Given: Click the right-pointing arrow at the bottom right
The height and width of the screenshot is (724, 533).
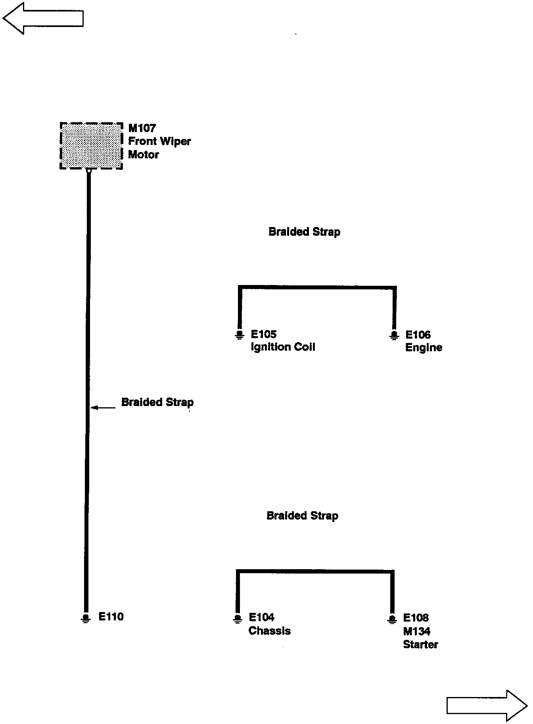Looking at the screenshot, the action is [x=487, y=705].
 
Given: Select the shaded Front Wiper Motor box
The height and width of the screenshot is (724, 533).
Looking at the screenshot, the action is [x=91, y=146].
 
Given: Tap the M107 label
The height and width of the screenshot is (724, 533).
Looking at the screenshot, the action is [x=142, y=128].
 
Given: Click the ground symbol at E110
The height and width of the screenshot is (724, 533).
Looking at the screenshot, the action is [x=85, y=618].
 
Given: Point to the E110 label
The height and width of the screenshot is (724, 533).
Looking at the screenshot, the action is [x=111, y=616].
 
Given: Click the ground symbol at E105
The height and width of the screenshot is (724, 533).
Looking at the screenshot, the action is [x=239, y=335].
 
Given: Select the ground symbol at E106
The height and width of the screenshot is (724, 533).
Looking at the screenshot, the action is [x=393, y=335].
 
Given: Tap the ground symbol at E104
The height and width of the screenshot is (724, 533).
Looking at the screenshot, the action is [x=237, y=619].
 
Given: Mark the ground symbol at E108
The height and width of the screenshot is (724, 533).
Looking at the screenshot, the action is [x=392, y=619].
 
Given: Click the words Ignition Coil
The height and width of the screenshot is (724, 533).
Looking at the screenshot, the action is [x=283, y=347].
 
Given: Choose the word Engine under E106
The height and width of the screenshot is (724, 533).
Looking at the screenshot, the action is [x=424, y=348].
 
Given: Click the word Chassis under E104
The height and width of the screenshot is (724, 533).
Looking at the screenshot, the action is [x=269, y=631].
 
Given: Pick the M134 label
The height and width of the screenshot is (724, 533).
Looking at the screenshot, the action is [x=416, y=631].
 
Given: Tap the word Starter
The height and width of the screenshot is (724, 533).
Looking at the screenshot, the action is [x=420, y=644].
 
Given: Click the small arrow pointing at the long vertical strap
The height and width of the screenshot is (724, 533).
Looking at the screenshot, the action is [x=103, y=407].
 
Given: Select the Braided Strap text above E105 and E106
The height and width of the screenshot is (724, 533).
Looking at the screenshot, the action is [x=304, y=232].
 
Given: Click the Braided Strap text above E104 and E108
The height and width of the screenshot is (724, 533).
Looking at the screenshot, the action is [x=302, y=516].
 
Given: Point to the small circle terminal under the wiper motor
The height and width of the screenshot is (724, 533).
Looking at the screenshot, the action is [x=89, y=171].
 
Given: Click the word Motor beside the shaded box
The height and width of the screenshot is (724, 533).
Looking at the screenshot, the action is [x=143, y=154].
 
